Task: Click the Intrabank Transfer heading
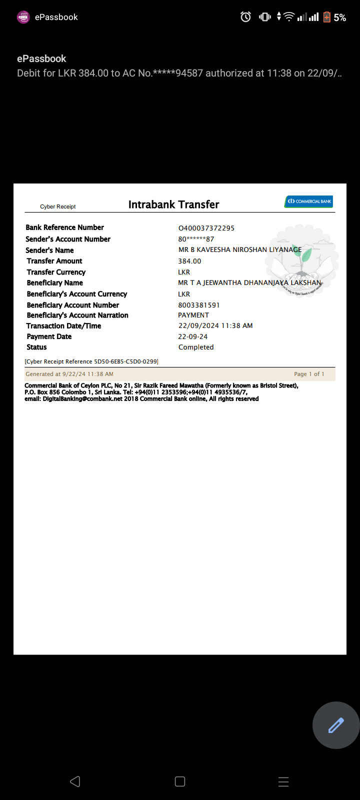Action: point(173,204)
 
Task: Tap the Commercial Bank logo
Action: point(308,201)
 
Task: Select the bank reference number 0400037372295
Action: point(206,228)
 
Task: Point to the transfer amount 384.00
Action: point(189,261)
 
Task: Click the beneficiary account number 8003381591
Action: point(199,305)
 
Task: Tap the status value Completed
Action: point(196,347)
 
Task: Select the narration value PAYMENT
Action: point(193,315)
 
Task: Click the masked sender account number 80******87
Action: point(196,239)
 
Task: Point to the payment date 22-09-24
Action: point(193,336)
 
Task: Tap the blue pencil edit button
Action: point(336,725)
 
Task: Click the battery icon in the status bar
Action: point(327,17)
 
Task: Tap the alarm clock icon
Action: point(245,17)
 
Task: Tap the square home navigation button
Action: point(180,781)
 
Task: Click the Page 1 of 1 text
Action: point(309,374)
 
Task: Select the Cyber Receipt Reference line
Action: point(91,361)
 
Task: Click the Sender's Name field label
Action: point(50,250)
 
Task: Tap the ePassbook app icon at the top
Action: point(23,17)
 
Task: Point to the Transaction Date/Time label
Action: point(64,326)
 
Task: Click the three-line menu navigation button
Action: point(283,782)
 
